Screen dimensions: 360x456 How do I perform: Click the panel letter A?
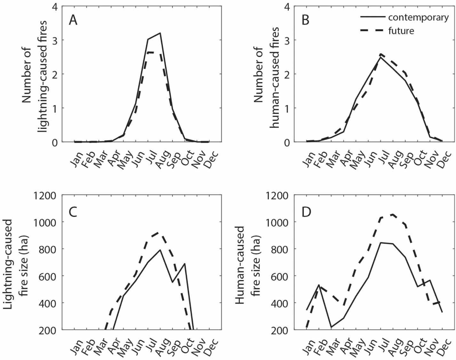tap(73, 20)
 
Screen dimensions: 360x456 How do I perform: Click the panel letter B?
tap(305, 20)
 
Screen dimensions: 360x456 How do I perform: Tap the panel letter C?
tap(73, 212)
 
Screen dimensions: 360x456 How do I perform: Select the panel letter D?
tap(306, 212)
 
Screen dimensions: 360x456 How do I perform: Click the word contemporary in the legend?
tap(418, 17)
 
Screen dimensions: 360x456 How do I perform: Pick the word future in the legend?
tap(401, 31)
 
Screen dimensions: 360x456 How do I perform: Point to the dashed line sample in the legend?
tap(372, 31)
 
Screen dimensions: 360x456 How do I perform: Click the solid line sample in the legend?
tap(372, 17)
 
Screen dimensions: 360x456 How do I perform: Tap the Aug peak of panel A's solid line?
tap(160, 33)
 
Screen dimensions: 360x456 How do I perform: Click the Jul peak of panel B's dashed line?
tap(380, 54)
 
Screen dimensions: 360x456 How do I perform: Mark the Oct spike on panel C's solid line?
tap(185, 264)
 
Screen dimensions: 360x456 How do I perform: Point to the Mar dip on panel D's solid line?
tap(331, 327)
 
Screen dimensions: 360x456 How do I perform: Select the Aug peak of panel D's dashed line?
tap(393, 214)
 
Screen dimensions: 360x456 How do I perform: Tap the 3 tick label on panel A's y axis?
tap(55, 40)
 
